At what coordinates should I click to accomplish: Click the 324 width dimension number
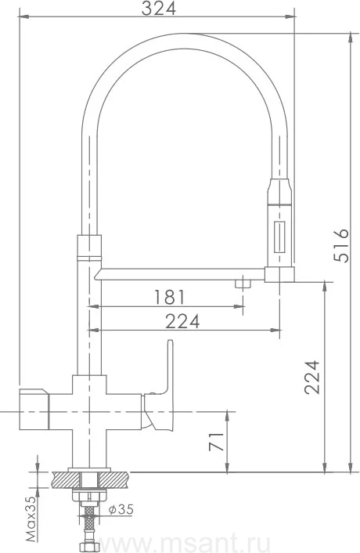(159, 9)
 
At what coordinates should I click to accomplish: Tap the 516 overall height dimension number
(341, 245)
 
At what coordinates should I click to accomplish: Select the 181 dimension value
(169, 297)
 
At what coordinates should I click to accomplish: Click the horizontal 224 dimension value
(182, 320)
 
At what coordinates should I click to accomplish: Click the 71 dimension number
(216, 441)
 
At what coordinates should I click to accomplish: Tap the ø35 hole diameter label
(121, 509)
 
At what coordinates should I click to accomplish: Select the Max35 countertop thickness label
(31, 519)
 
